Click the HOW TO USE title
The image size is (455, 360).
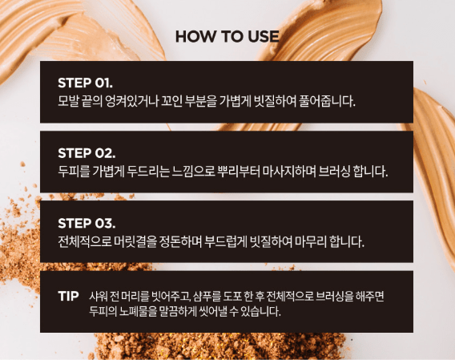point(227,37)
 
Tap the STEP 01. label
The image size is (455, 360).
point(86,83)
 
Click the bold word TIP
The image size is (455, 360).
point(68,296)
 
